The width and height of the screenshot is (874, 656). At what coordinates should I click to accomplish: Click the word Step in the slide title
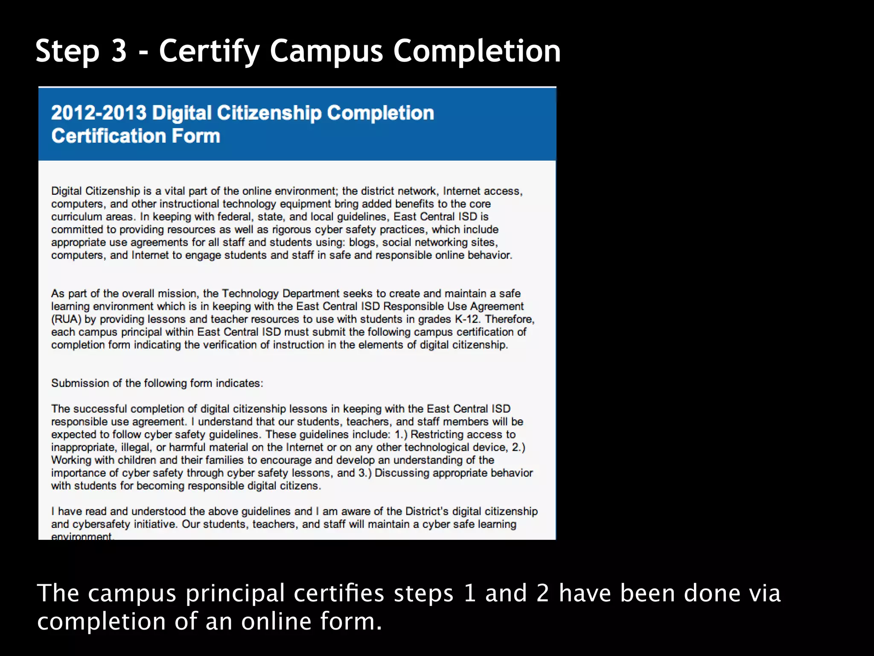pos(67,52)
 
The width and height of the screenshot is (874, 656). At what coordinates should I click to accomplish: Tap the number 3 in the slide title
pos(119,51)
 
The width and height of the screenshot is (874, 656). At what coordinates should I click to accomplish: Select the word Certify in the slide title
pos(209,52)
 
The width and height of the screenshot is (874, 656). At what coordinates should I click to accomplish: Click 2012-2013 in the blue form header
pos(99,113)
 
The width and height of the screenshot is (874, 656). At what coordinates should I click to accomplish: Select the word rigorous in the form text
pos(291,229)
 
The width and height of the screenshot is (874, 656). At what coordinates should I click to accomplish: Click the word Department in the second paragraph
pos(311,293)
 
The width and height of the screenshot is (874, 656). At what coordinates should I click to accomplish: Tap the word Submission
pos(80,383)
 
